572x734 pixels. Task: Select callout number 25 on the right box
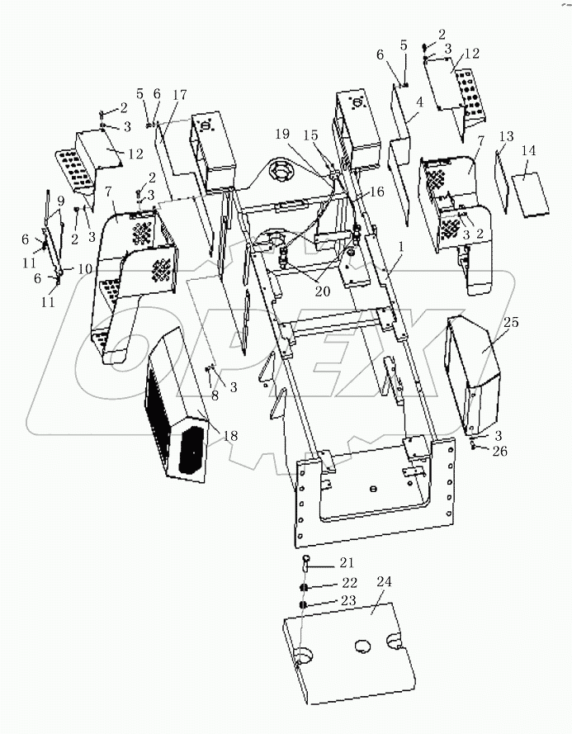click(511, 323)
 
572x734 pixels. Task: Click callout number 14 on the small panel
click(529, 151)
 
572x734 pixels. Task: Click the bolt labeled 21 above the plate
click(305, 564)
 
